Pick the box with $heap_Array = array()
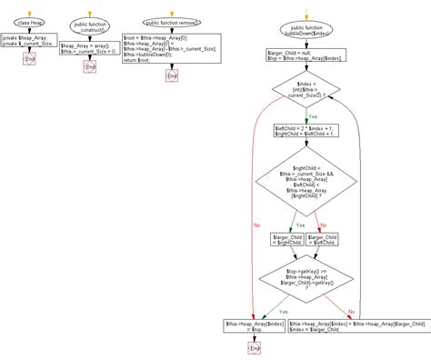pyautogui.click(x=89, y=48)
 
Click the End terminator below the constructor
pyautogui.click(x=88, y=66)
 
